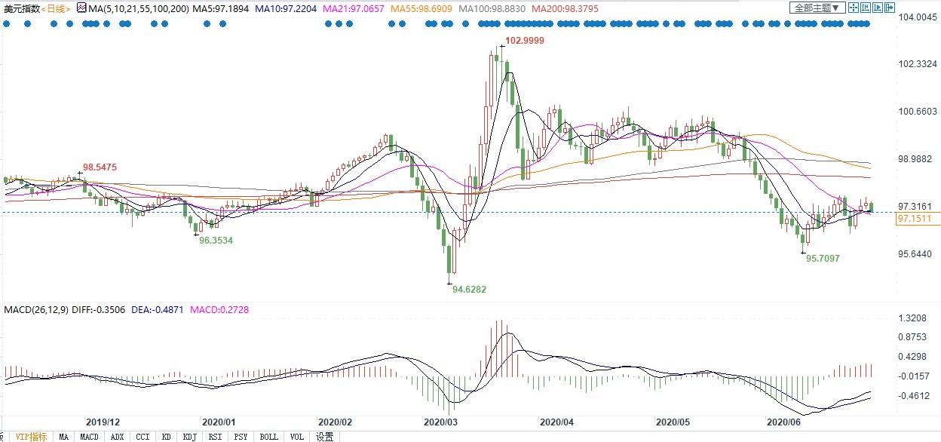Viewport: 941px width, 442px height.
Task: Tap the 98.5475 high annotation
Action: pos(100,167)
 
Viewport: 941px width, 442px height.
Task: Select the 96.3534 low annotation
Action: pos(216,240)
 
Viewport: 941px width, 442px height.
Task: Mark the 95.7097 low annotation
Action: pos(823,258)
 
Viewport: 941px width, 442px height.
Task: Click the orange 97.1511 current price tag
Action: pos(914,219)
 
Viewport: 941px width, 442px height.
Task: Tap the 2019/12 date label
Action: pos(103,423)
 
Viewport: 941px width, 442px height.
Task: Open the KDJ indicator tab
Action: pos(190,437)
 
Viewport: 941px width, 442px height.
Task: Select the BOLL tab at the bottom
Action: pos(268,437)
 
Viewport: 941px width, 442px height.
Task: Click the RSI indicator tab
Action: pos(215,437)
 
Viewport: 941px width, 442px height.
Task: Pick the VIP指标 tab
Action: pos(31,437)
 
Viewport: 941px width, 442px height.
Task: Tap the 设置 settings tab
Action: pos(325,437)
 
